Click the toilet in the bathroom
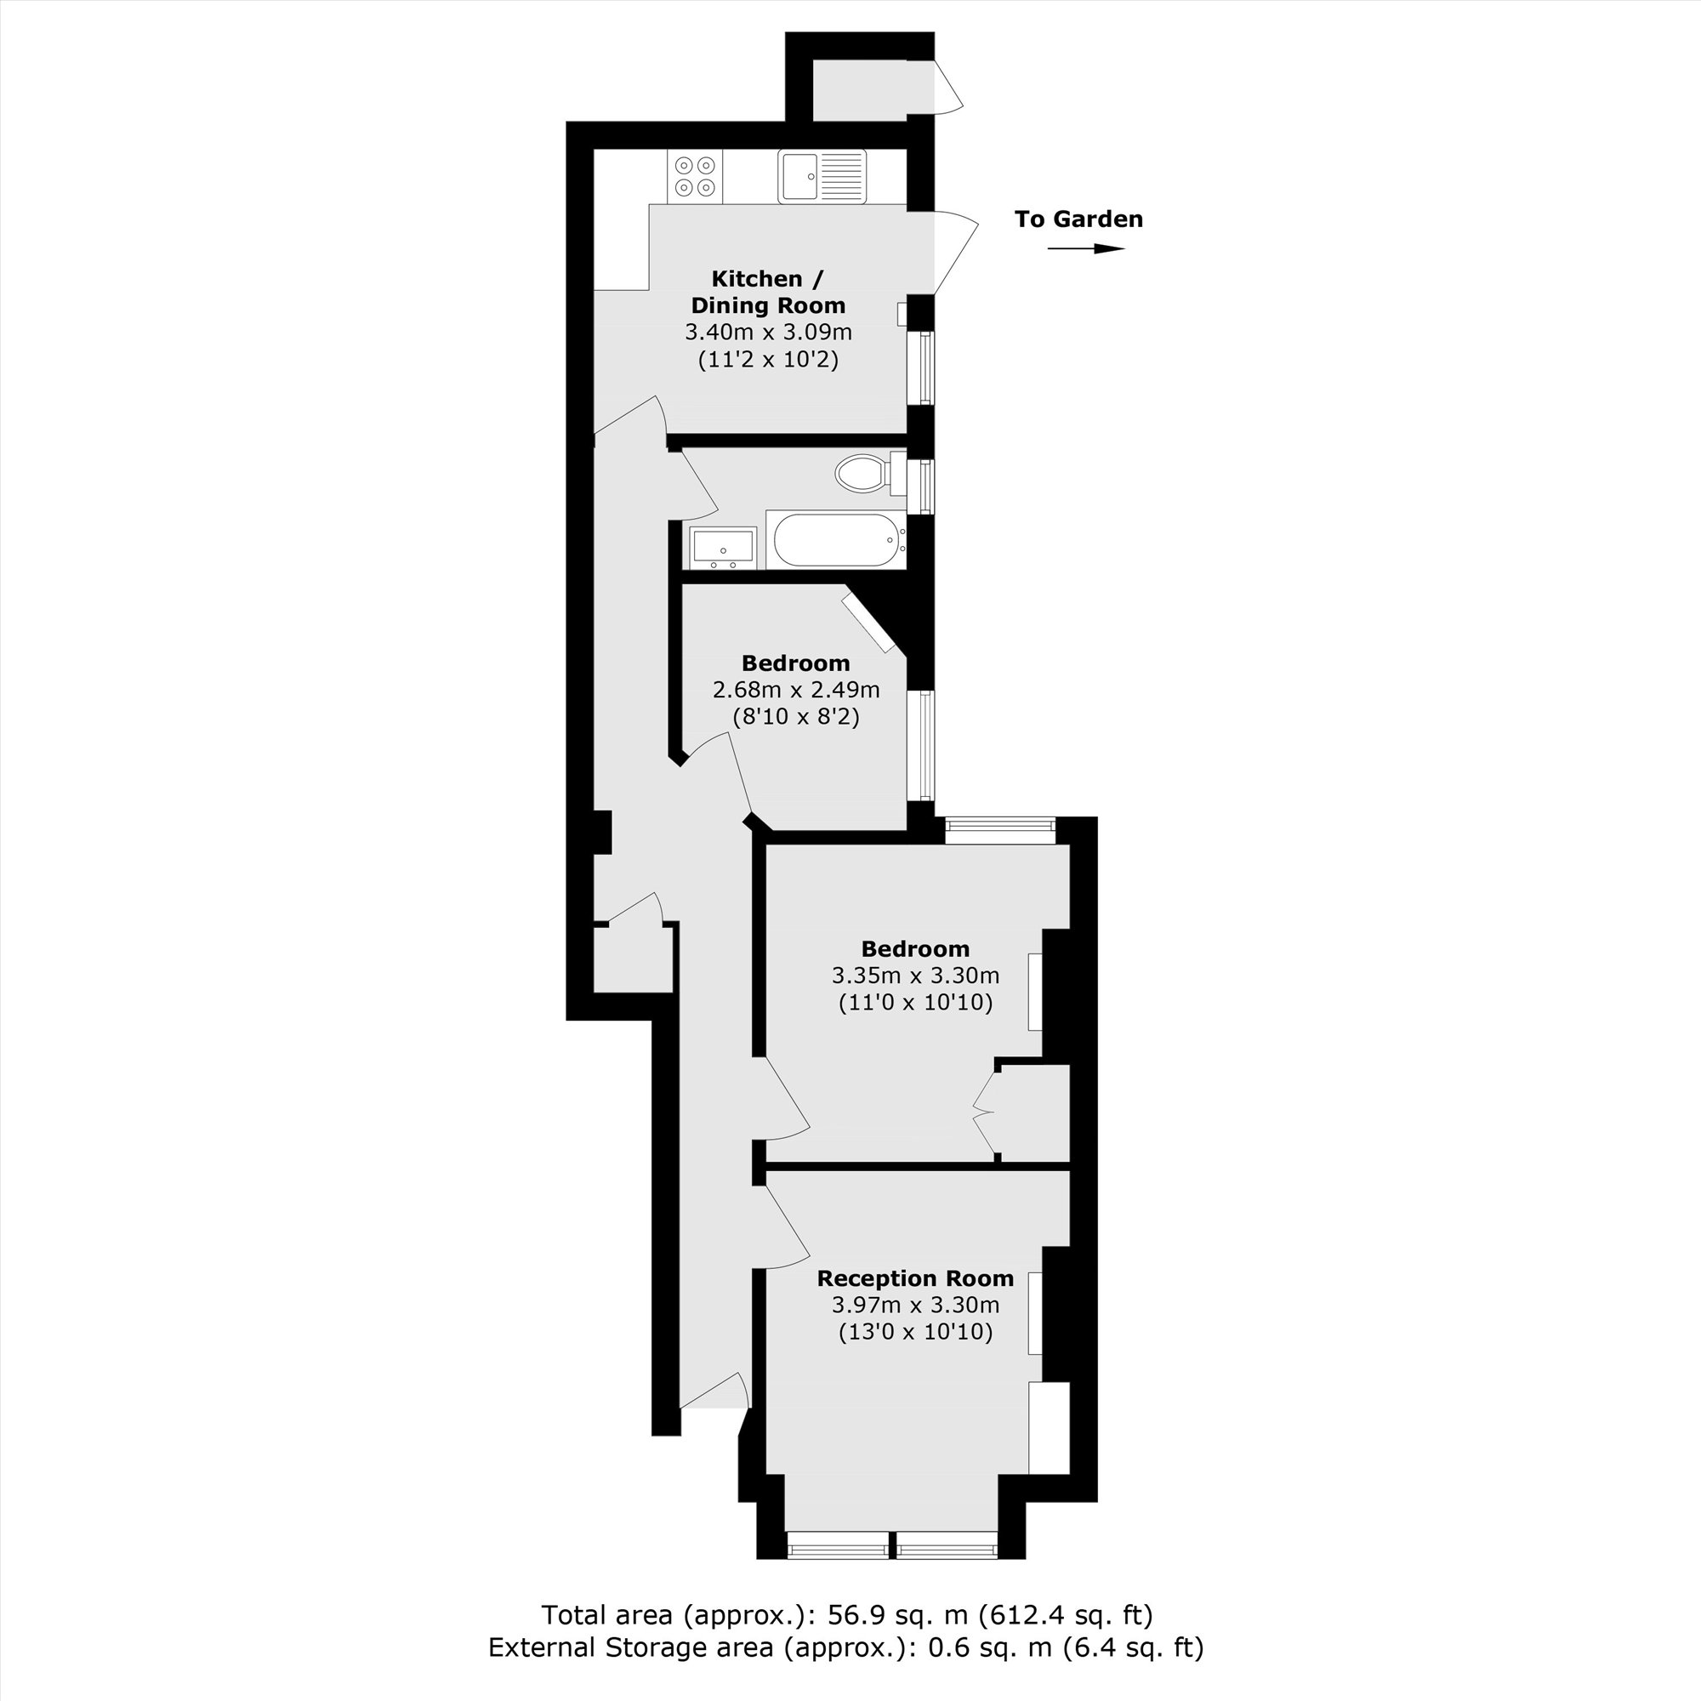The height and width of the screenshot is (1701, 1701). click(862, 474)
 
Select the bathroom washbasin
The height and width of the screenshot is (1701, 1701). click(722, 547)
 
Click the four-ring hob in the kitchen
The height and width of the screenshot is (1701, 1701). click(694, 176)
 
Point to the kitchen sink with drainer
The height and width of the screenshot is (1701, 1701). click(822, 176)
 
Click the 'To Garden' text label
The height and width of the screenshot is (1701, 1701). click(1078, 219)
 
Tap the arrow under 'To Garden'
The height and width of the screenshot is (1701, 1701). click(1085, 249)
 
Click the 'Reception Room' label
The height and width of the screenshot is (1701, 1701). click(915, 1278)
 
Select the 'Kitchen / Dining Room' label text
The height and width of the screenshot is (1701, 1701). click(768, 293)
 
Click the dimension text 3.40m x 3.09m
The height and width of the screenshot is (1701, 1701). click(768, 333)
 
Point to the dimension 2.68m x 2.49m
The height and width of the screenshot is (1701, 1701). click(795, 691)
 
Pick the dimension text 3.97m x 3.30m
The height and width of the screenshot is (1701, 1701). click(915, 1305)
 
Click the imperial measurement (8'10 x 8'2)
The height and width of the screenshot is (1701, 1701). click(795, 717)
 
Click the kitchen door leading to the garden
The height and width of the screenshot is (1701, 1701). click(953, 252)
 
